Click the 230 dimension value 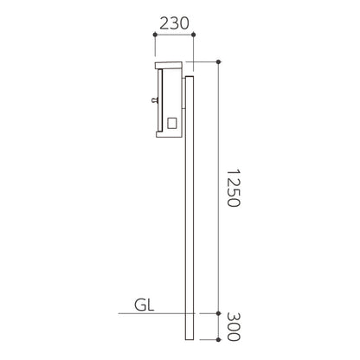pos(174,23)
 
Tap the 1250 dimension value pos(233,188)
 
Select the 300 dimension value pos(233,326)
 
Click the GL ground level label pos(145,305)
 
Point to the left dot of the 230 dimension pos(155,35)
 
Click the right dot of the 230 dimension pos(194,35)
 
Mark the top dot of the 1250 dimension pos(218,61)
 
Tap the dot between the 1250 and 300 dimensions pos(218,313)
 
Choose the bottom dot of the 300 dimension pos(218,339)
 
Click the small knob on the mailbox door pos(154,100)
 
